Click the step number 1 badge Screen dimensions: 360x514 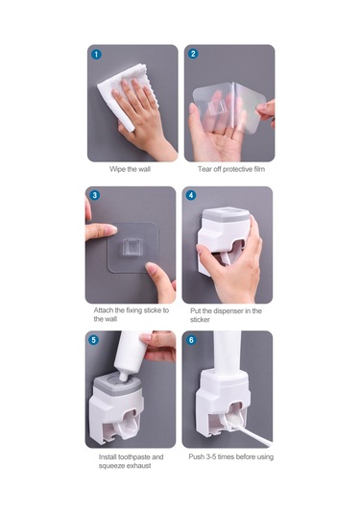(96, 54)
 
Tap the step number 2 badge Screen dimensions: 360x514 (193, 54)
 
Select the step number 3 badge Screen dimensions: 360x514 (94, 195)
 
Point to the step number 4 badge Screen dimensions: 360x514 (191, 195)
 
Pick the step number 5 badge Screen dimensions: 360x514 (94, 340)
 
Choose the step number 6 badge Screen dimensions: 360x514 (191, 340)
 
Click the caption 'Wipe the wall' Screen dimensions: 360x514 (130, 169)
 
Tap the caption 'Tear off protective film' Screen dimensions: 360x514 (231, 169)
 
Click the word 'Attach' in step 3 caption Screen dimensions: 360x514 (104, 310)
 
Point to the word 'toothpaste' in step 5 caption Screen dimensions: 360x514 (134, 457)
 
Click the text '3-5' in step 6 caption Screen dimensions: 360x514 (211, 456)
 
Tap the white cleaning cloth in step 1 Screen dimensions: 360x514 (126, 95)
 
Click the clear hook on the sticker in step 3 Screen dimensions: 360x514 (132, 247)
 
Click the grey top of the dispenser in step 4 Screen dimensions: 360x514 (226, 214)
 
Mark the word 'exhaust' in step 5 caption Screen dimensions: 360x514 (138, 466)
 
